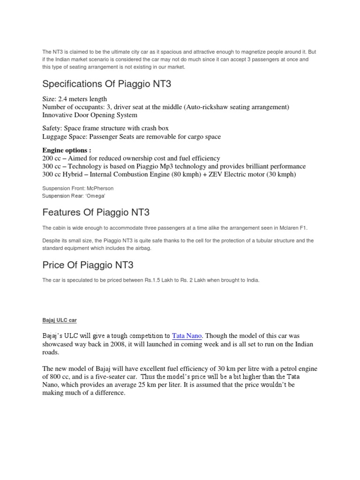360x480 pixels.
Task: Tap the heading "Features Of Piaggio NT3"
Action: (x=96, y=212)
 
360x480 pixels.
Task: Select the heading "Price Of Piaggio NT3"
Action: (x=88, y=265)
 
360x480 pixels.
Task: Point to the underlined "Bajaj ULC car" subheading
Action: (x=59, y=320)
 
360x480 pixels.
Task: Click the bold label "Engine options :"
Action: (x=67, y=150)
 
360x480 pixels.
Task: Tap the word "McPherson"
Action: (x=97, y=188)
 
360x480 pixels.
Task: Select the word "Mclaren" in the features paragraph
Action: (x=290, y=228)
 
